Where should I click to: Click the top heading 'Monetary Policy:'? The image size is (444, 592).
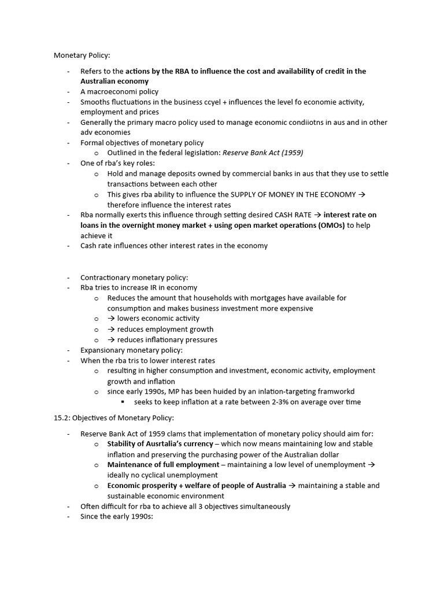pos(82,55)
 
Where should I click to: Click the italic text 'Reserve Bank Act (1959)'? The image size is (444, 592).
pos(262,153)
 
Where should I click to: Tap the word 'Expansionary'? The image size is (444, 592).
pos(104,350)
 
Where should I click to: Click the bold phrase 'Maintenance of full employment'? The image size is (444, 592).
pos(163,465)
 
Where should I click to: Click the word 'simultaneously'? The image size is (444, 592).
pos(264,506)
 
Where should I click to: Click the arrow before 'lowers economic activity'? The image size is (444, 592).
pos(112,319)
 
